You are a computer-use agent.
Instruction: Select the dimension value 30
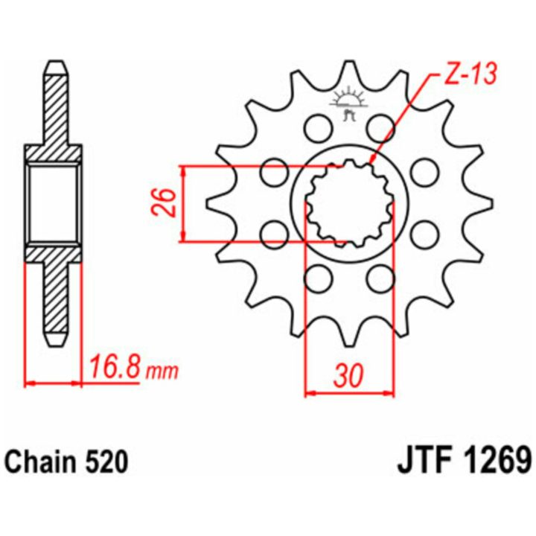coord(348,376)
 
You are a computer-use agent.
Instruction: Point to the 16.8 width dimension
coord(114,368)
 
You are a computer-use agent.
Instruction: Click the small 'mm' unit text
coord(162,371)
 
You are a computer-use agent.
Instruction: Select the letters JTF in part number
coord(423,462)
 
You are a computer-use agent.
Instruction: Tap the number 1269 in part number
coord(495,462)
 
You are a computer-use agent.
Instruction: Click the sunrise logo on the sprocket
coord(348,103)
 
